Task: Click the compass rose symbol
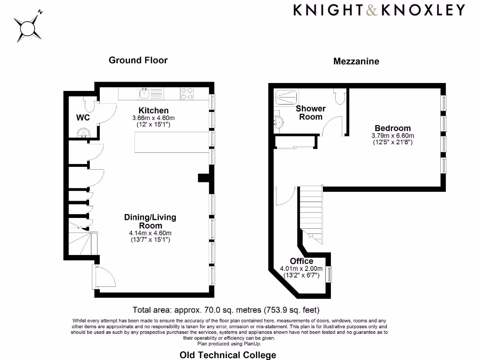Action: [x=28, y=27]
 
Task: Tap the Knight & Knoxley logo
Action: [x=379, y=10]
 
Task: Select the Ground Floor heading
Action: [x=138, y=60]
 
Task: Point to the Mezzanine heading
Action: [x=356, y=61]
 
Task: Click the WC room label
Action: [x=83, y=117]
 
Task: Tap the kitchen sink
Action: [x=145, y=94]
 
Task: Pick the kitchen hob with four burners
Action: [x=187, y=94]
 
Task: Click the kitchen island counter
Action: [x=172, y=142]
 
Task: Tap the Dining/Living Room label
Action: [x=150, y=221]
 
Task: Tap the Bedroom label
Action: [x=392, y=128]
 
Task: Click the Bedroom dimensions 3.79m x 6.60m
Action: [x=392, y=136]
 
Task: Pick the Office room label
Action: [x=301, y=261]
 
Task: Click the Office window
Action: [x=329, y=274]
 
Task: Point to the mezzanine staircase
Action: [x=310, y=216]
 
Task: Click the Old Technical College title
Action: [x=228, y=355]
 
